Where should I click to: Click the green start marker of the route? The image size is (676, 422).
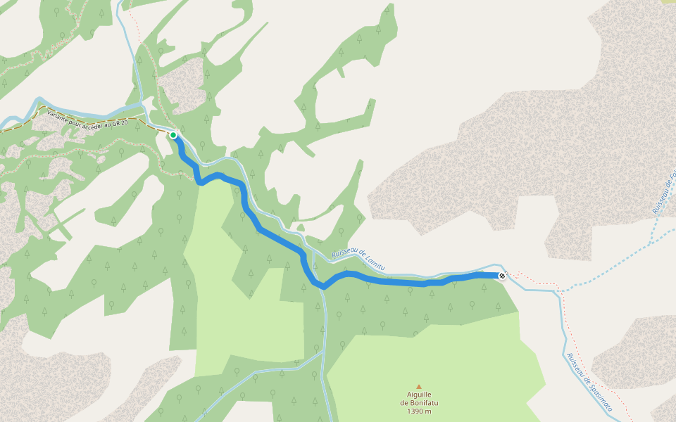[x=173, y=134]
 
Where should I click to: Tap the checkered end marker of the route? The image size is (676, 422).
[x=501, y=276]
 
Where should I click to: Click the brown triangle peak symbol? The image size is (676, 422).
[x=419, y=386]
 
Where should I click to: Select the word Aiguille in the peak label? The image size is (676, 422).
[x=419, y=395]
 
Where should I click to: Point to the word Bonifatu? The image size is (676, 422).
[x=424, y=403]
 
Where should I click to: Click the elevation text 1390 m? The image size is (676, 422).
[x=419, y=411]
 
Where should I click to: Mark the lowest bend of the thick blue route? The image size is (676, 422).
[x=323, y=287]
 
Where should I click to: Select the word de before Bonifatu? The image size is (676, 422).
[x=404, y=403]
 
